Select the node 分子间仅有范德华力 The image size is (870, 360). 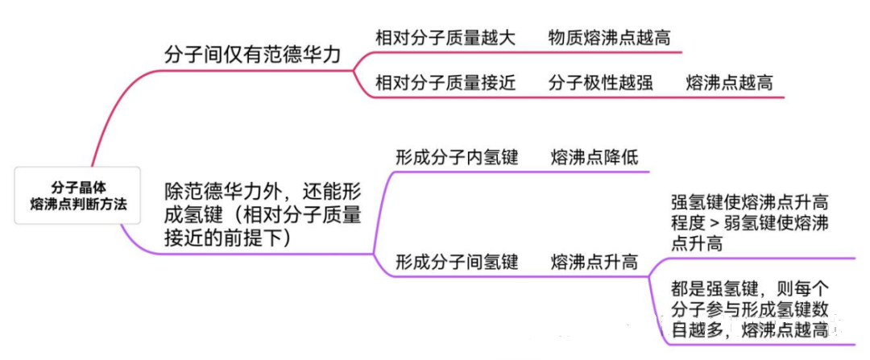pos(252,54)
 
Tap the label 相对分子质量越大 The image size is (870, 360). pos(445,37)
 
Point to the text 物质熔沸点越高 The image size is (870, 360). pos(609,37)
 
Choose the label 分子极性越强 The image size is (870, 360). pos(600,82)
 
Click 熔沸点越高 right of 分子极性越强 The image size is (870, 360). pos(729,82)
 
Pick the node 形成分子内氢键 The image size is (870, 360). pos(456,157)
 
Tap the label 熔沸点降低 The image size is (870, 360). pos(594,157)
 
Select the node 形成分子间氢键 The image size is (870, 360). pos(456,262)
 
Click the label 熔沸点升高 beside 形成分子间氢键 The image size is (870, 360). pos(594,262)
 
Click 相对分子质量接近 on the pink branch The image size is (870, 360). pos(445,82)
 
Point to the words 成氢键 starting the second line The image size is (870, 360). pos(190,215)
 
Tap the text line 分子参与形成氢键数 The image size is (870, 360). pos(749,308)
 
